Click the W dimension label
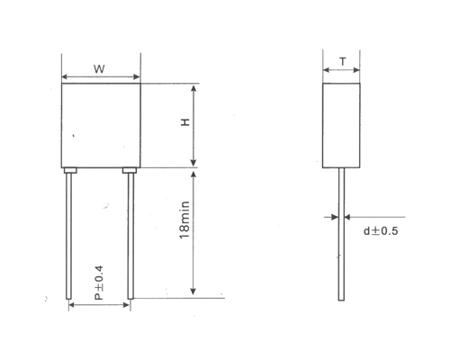(x=101, y=69)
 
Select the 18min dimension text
(x=184, y=220)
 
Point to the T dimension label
(x=341, y=62)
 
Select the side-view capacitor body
(x=341, y=125)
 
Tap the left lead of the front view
(x=68, y=234)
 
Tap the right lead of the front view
(x=131, y=234)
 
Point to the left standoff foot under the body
(x=69, y=169)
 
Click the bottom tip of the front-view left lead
(x=68, y=299)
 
